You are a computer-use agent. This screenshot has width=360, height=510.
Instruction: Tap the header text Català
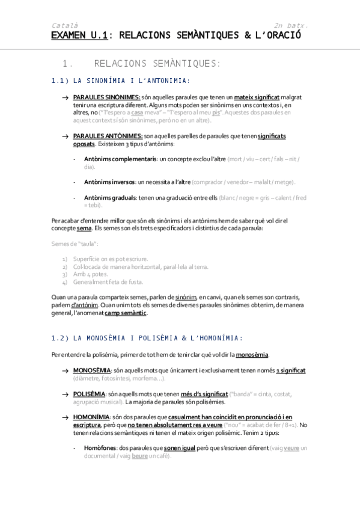[63, 25]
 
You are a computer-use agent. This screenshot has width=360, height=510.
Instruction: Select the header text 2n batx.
[291, 25]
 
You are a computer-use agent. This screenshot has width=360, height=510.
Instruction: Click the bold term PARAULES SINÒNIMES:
[106, 97]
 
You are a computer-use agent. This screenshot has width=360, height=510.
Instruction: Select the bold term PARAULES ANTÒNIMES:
[108, 137]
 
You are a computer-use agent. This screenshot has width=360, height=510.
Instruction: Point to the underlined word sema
[84, 229]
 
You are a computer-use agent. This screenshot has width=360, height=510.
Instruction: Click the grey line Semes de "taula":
[75, 244]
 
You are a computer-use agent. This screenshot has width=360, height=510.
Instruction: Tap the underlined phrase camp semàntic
[125, 313]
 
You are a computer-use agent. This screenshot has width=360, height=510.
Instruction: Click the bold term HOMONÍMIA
[91, 417]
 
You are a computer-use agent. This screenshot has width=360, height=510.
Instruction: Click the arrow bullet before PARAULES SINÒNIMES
[65, 97]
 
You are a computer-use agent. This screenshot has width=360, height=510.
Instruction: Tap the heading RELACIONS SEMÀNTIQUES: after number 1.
[157, 63]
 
